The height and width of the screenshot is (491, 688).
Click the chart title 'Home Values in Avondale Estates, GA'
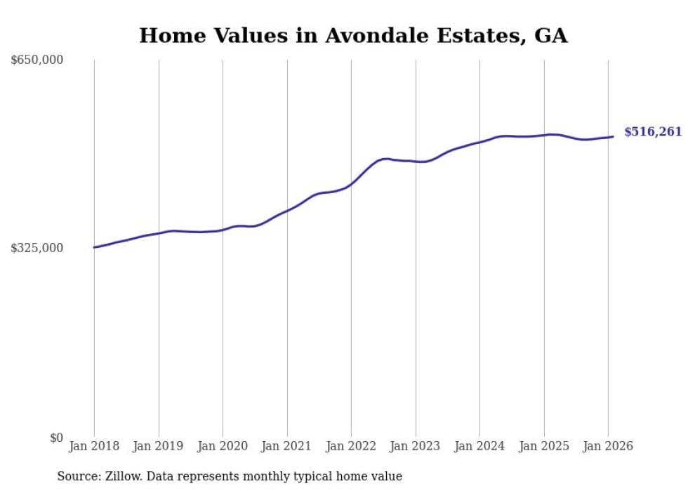pos(353,35)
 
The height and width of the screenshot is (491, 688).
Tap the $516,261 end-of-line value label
pos(652,132)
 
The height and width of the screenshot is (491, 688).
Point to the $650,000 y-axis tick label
pos(37,60)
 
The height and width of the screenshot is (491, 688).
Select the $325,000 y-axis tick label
pos(37,248)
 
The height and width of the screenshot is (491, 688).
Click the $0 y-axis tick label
pos(56,438)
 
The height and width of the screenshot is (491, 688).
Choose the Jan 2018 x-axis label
pos(94,446)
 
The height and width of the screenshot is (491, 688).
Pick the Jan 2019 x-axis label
pos(158,446)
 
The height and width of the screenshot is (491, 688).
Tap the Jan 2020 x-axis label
pos(223,446)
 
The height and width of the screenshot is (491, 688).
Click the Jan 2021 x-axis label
pos(286,446)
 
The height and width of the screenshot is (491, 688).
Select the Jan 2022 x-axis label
pos(351,446)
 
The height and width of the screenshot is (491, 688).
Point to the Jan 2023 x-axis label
pos(415,446)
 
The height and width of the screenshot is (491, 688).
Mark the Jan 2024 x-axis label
pos(479,446)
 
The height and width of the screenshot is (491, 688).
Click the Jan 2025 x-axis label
pos(543,446)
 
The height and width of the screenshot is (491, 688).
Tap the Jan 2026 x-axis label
pos(608,446)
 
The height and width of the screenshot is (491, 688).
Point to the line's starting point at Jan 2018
pos(94,247)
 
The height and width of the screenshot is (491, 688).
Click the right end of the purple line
pos(613,137)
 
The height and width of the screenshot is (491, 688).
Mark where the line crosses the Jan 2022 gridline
pos(351,184)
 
